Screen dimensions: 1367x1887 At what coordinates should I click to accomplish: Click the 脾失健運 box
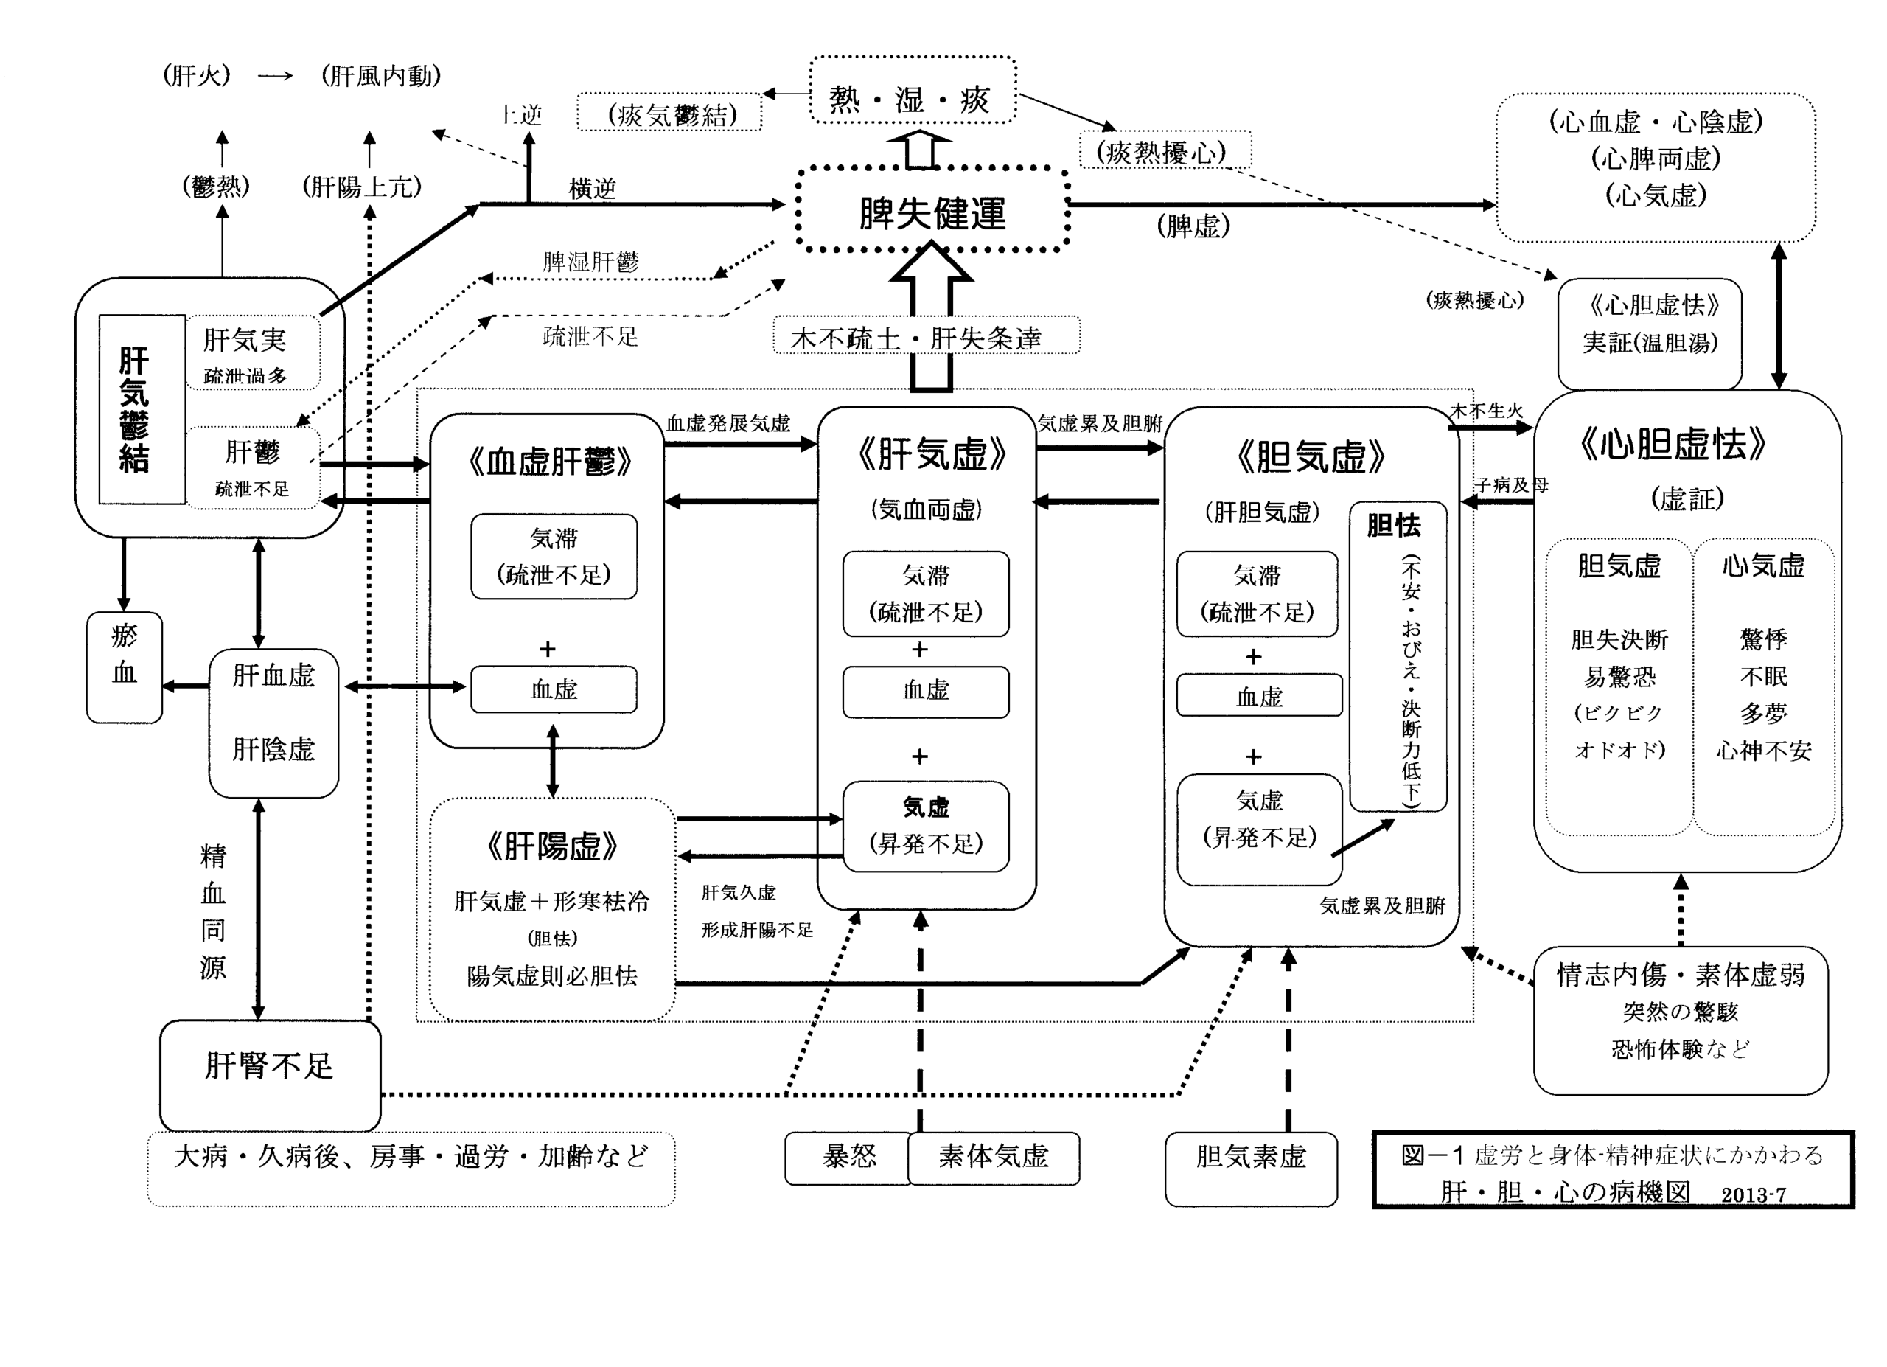point(932,212)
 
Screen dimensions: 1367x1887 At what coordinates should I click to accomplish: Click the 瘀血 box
point(124,667)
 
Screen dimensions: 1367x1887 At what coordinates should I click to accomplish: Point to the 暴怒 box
point(848,1158)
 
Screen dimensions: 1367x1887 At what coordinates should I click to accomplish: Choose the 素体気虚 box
point(994,1158)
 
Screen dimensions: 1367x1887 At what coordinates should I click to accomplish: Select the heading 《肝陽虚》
point(551,847)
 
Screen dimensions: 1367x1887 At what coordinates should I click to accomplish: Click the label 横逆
point(593,189)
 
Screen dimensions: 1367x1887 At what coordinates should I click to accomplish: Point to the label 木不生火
point(1486,411)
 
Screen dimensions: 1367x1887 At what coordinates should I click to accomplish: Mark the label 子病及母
point(1511,485)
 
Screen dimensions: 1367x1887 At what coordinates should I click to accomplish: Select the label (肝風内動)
point(381,77)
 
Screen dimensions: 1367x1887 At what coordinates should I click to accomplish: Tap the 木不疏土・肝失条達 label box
point(926,336)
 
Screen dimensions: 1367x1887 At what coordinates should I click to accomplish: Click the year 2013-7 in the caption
point(1753,1194)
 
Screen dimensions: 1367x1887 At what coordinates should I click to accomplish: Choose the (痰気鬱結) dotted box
point(670,113)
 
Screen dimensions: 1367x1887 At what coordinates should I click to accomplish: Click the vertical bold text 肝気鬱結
point(135,409)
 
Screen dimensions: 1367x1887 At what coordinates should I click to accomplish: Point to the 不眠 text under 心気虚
point(1763,676)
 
